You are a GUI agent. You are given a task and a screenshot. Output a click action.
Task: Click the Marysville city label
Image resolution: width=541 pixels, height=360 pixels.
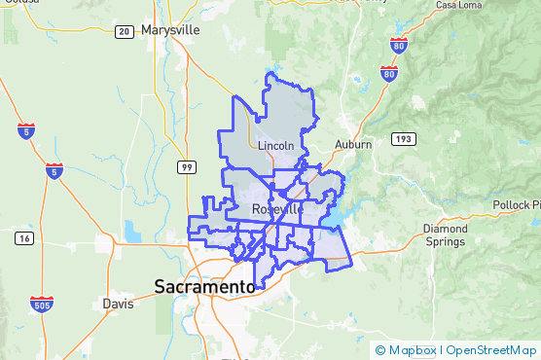click(x=170, y=30)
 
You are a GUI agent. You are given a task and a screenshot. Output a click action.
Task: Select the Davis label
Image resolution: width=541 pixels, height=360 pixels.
click(x=118, y=304)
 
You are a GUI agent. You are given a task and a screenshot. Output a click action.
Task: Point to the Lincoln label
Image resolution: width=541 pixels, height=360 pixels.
click(x=276, y=146)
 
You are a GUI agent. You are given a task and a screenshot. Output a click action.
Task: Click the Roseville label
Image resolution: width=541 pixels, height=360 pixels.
click(x=277, y=209)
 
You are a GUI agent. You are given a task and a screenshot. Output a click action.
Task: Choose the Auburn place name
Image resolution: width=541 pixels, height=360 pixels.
click(x=353, y=144)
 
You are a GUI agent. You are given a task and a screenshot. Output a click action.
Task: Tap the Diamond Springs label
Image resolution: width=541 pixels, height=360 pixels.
click(x=445, y=235)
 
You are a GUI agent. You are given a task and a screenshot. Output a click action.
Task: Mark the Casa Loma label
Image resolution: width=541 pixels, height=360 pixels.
click(x=459, y=5)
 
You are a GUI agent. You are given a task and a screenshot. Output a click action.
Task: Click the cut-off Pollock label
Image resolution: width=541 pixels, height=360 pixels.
click(x=515, y=205)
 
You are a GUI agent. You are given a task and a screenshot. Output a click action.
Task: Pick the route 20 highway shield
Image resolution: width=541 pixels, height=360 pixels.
click(x=124, y=31)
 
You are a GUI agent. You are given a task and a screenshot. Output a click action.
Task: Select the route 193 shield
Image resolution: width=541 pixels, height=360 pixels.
click(x=404, y=139)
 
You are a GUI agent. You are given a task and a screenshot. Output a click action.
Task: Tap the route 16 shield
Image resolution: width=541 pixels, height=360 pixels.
click(x=22, y=237)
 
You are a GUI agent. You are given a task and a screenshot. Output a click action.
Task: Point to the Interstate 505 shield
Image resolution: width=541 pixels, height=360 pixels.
click(x=41, y=280)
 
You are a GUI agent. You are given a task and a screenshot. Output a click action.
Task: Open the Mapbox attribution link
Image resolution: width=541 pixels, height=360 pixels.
click(x=412, y=350)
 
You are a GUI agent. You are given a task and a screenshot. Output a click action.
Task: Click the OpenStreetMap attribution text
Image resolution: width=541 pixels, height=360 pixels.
click(x=491, y=350)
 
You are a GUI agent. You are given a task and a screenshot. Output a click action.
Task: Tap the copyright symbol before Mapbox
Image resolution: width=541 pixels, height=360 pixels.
click(x=380, y=350)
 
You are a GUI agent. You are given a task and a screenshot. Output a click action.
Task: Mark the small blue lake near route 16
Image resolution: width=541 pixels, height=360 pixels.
click(x=132, y=233)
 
